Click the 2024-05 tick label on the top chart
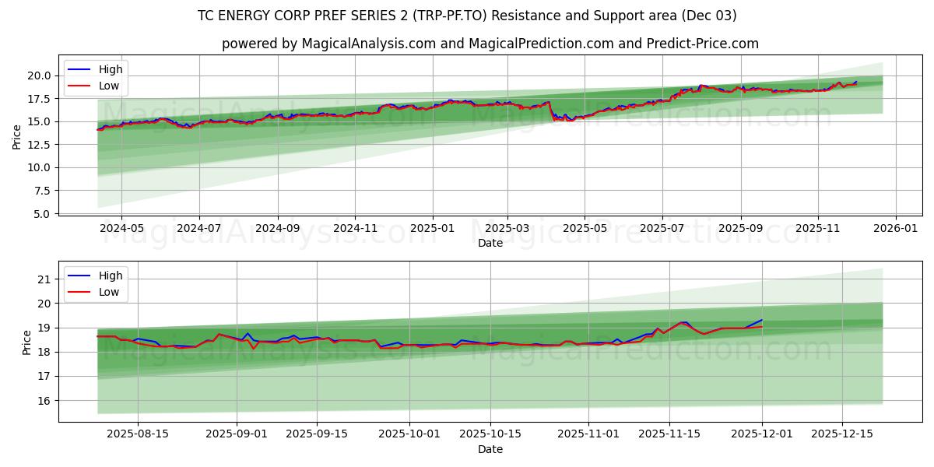(x=121, y=229)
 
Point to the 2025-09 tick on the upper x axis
(x=740, y=229)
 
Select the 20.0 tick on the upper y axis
(x=38, y=75)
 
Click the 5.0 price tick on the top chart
(x=41, y=213)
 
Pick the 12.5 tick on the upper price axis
(x=38, y=145)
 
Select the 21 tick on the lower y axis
(x=44, y=279)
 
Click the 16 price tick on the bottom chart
(x=44, y=401)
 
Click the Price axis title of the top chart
(x=17, y=136)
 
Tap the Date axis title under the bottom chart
(x=490, y=449)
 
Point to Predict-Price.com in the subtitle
(x=703, y=44)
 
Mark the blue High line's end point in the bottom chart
(x=762, y=320)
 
